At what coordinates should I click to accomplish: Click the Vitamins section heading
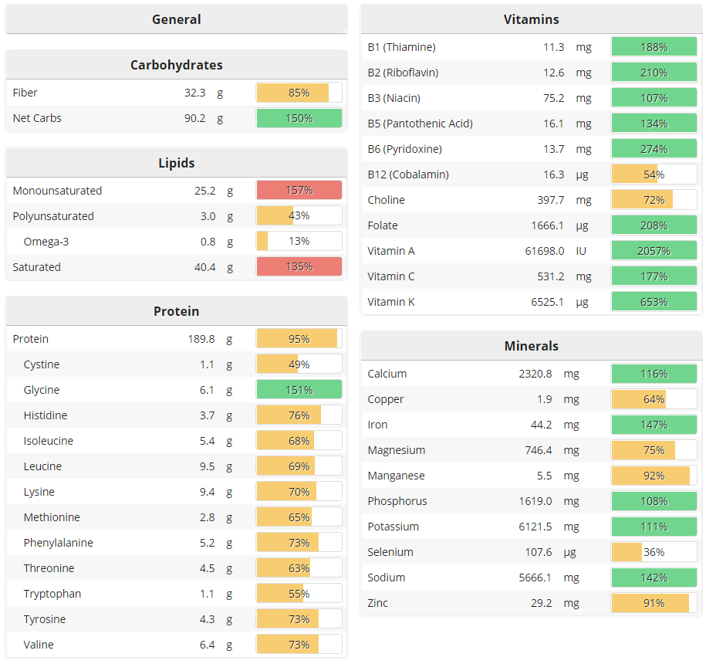[x=531, y=19]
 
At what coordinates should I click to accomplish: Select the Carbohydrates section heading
[x=176, y=65]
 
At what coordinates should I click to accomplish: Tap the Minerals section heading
[x=531, y=346]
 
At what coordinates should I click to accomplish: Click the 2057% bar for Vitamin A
[x=654, y=251]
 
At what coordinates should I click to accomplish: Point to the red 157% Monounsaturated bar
[x=299, y=191]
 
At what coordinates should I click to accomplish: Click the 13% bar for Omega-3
[x=299, y=242]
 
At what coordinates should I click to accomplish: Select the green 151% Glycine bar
[x=299, y=390]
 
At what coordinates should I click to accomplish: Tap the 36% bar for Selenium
[x=654, y=552]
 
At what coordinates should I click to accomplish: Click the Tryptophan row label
[x=52, y=594]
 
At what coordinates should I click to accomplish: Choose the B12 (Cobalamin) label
[x=407, y=174]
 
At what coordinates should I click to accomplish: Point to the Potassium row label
[x=393, y=527]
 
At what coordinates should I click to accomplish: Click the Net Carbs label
[x=37, y=118]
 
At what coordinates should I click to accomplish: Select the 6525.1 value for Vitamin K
[x=548, y=302]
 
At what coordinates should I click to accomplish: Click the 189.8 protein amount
[x=201, y=339]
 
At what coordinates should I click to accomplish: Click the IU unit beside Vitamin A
[x=582, y=251]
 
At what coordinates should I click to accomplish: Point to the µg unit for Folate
[x=583, y=225]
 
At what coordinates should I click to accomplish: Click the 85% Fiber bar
[x=299, y=93]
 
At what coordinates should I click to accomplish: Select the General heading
[x=176, y=19]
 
